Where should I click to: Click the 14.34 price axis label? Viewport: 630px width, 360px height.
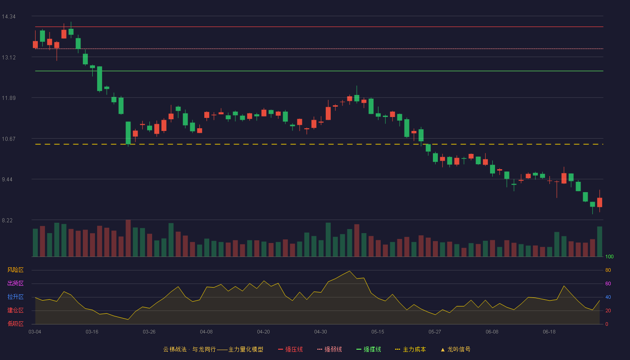[9, 17]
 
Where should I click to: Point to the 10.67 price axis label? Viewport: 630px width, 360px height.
[9, 139]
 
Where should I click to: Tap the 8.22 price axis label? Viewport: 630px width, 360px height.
[7, 220]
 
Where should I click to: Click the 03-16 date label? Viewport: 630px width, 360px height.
[92, 332]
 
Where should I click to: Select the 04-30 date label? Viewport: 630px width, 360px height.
[320, 332]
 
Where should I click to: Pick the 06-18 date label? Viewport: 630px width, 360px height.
[549, 332]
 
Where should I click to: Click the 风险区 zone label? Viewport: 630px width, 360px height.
[15, 270]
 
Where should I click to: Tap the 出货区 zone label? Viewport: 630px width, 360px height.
[15, 283]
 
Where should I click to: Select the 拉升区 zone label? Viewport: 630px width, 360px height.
[15, 297]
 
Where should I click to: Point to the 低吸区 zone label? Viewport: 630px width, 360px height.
[15, 324]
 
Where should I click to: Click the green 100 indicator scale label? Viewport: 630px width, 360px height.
[609, 256]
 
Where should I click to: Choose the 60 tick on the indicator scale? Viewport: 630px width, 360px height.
[608, 283]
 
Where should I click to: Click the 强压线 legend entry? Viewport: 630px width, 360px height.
[290, 349]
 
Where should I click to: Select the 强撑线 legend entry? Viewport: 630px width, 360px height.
[369, 349]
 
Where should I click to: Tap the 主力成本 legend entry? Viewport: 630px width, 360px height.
[410, 349]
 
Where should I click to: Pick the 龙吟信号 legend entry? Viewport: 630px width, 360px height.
[455, 349]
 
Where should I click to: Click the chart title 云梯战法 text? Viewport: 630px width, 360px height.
[175, 349]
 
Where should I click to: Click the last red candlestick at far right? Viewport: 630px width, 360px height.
[599, 202]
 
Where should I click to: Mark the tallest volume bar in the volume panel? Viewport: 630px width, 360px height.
[128, 238]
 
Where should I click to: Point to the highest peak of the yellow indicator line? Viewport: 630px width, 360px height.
[350, 271]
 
